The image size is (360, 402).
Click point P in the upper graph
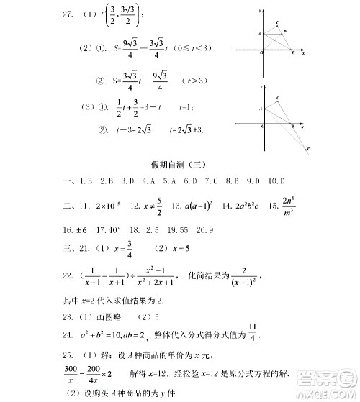pos(285,32)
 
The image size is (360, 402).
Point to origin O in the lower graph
pos(263,127)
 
